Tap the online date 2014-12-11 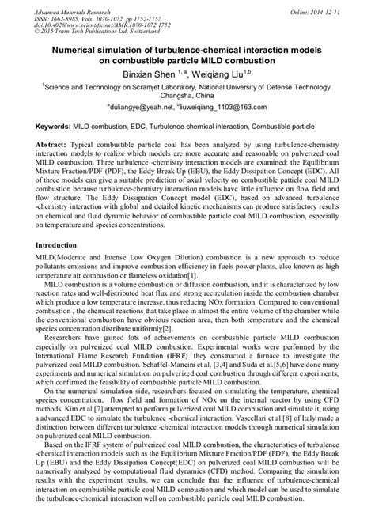tap(337, 6)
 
